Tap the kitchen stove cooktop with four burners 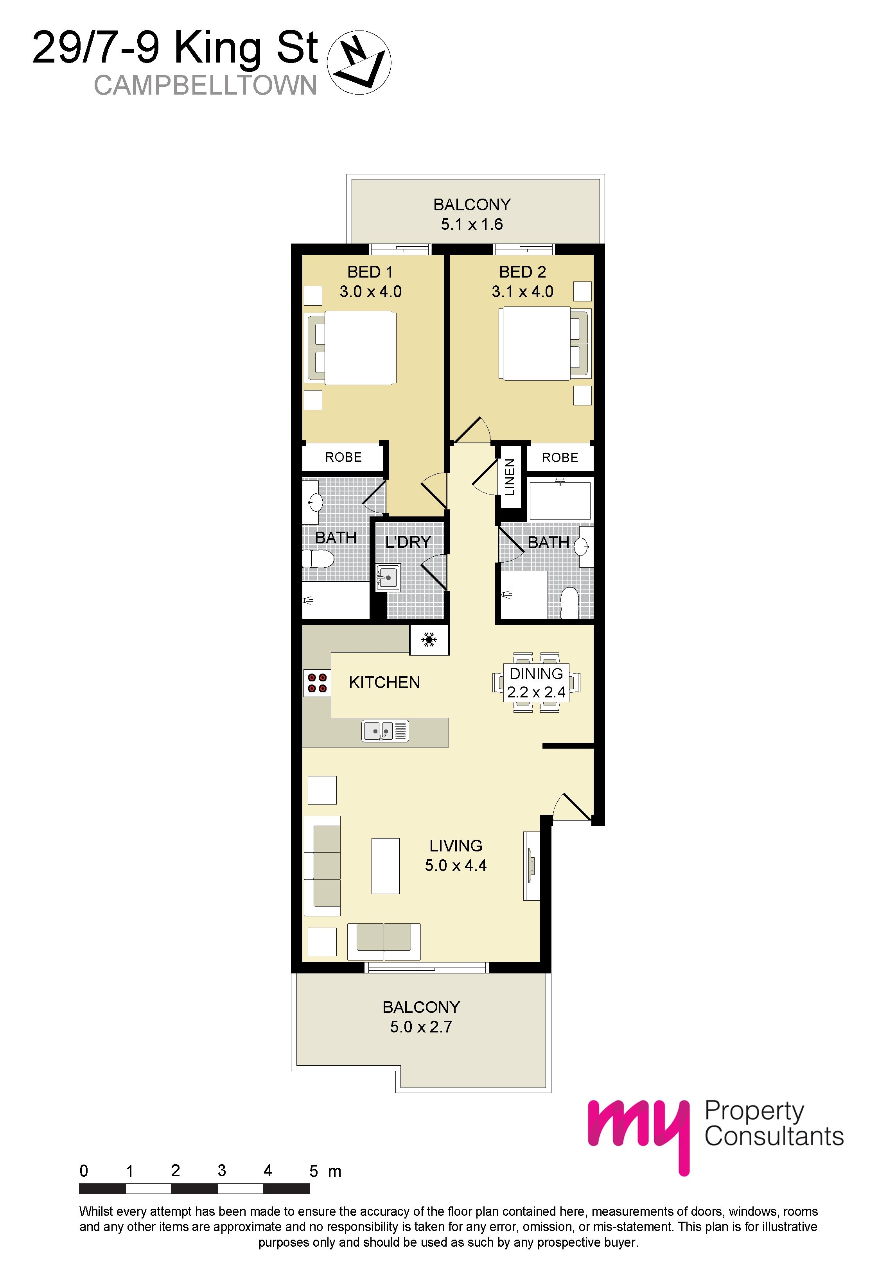click(x=317, y=682)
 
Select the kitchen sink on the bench click(x=385, y=731)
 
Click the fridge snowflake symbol click(x=429, y=640)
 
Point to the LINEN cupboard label click(x=510, y=477)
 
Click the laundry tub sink click(x=388, y=578)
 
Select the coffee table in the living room click(x=385, y=865)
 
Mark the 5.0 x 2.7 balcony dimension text click(x=421, y=1027)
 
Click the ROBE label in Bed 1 click(x=343, y=457)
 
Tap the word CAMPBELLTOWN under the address click(x=205, y=86)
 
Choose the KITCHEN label click(x=384, y=683)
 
